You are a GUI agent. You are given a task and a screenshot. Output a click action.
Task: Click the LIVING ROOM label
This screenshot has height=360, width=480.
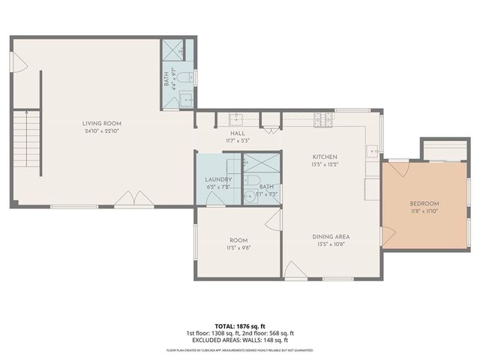102,124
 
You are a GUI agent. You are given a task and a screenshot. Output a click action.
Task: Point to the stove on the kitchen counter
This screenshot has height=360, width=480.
322,118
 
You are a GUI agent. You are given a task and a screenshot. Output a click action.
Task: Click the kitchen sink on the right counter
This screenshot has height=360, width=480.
373,152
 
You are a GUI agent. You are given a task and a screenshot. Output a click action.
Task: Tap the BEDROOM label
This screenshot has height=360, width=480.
424,204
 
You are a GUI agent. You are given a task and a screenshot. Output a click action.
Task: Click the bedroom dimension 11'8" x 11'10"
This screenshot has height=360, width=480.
424,211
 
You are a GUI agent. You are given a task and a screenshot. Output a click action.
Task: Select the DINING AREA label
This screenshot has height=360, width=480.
331,237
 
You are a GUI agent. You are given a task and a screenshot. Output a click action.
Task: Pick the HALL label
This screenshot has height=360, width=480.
238,133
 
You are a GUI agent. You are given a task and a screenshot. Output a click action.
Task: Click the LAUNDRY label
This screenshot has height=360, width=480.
218,180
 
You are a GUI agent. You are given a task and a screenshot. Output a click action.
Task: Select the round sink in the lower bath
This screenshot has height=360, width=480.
249,196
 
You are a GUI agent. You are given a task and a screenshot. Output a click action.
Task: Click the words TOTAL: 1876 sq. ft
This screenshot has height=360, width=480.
239,326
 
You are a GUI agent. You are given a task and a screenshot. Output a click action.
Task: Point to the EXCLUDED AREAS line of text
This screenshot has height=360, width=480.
239,341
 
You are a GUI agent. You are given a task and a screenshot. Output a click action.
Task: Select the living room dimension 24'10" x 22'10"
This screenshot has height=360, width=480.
102,131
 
